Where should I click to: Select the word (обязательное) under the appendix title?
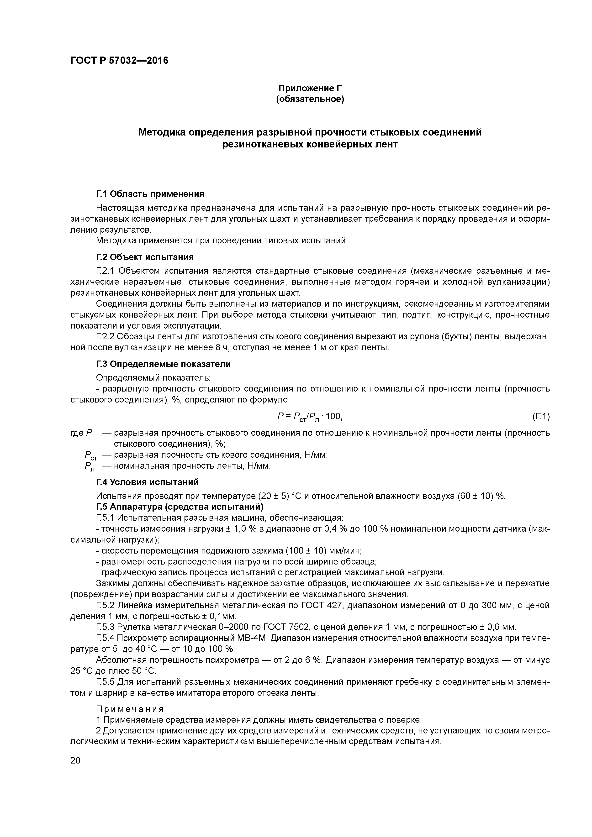coord(310,99)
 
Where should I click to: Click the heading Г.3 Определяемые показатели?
coord(164,364)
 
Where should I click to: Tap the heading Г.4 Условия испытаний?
coord(147,482)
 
